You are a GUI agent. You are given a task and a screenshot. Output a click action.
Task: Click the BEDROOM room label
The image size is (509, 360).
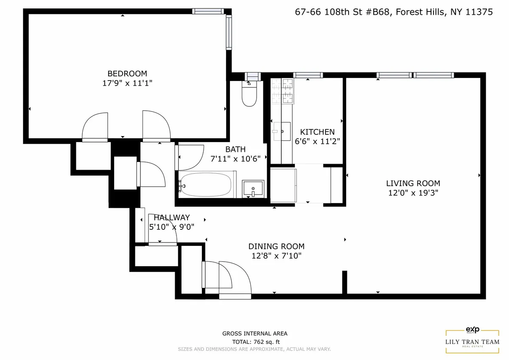pyautogui.click(x=127, y=73)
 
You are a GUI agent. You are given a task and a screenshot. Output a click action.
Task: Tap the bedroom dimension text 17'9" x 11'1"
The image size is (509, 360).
pyautogui.click(x=127, y=84)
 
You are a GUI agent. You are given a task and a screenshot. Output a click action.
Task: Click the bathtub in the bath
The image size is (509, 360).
pyautogui.click(x=206, y=184)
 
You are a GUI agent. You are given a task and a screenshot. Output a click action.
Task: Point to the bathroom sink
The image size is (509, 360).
pyautogui.click(x=253, y=188)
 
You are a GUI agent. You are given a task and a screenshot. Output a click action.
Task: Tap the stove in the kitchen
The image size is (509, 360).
pyautogui.click(x=282, y=92)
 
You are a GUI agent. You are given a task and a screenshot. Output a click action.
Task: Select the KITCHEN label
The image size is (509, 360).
pyautogui.click(x=317, y=132)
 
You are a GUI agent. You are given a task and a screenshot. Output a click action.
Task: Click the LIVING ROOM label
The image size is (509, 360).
pyautogui.click(x=413, y=183)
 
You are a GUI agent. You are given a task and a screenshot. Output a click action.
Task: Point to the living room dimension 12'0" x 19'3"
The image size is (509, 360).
pyautogui.click(x=413, y=193)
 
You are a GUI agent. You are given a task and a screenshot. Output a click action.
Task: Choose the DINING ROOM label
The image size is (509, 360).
pyautogui.click(x=276, y=246)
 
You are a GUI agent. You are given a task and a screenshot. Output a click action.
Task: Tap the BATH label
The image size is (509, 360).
pyautogui.click(x=235, y=149)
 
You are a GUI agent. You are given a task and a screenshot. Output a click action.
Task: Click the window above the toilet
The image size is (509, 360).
pyautogui.click(x=252, y=76)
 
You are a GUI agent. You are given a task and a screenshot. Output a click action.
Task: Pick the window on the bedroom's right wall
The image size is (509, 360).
pyautogui.click(x=229, y=32)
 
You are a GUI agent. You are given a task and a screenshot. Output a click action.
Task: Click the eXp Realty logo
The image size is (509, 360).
pyautogui.click(x=472, y=329)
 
